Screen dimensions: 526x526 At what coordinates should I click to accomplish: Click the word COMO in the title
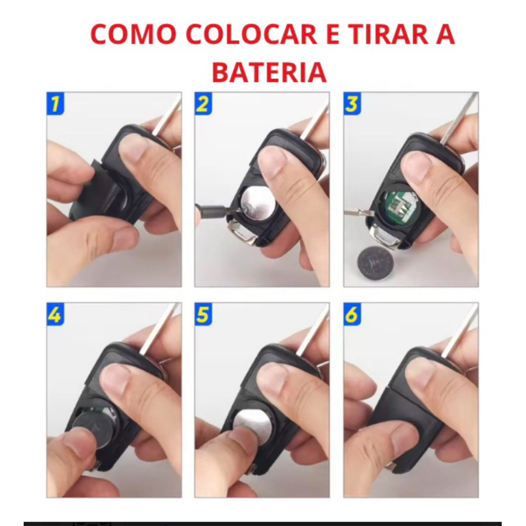[133, 34]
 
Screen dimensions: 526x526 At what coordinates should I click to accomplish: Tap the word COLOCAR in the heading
[251, 34]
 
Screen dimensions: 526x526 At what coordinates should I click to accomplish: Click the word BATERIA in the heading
[270, 72]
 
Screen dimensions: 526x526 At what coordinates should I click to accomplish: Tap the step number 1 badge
[55, 103]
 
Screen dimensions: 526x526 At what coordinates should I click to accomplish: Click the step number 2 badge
[203, 103]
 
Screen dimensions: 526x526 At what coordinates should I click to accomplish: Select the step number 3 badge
[352, 103]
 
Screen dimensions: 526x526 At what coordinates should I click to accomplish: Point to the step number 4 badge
[55, 314]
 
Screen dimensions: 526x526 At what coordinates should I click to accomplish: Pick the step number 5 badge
[203, 314]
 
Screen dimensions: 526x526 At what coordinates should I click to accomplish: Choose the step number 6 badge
[352, 314]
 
